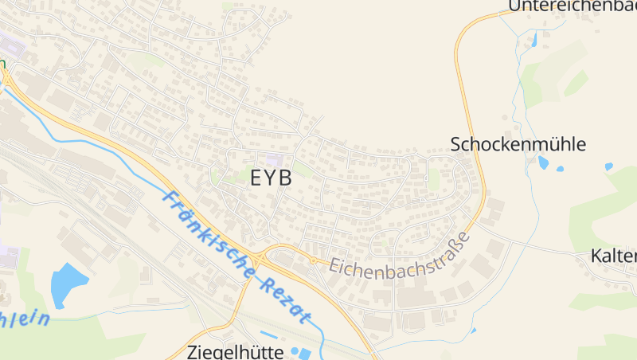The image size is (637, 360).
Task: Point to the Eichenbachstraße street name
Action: [x=398, y=258]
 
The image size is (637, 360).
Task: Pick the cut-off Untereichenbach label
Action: [x=572, y=6]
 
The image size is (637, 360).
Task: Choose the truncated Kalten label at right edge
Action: [x=614, y=256]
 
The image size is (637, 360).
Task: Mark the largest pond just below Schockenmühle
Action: [x=544, y=162]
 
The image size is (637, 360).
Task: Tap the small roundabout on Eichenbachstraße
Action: [x=314, y=260]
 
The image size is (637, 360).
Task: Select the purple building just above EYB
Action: [x=274, y=160]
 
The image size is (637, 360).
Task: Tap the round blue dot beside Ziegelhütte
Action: [x=295, y=350]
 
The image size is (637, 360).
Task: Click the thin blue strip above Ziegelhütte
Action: [x=270, y=334]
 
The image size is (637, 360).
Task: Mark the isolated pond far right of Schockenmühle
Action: [x=608, y=166]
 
